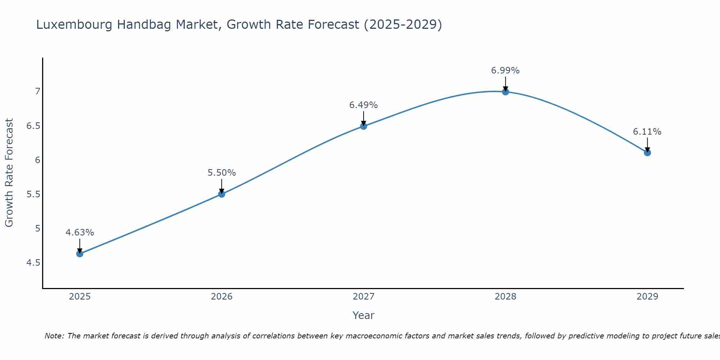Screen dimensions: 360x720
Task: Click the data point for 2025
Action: pyautogui.click(x=80, y=254)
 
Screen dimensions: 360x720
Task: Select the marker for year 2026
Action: pyautogui.click(x=221, y=194)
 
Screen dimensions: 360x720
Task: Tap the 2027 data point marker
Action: pyautogui.click(x=363, y=126)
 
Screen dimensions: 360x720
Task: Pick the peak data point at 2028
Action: pyautogui.click(x=505, y=92)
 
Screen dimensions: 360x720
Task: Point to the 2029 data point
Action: pyautogui.click(x=647, y=153)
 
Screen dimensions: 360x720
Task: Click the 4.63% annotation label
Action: pyautogui.click(x=80, y=233)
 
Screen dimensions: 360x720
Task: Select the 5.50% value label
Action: pyautogui.click(x=221, y=173)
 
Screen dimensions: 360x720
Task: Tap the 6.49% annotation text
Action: pyautogui.click(x=363, y=105)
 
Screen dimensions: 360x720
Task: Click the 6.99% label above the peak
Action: pyautogui.click(x=505, y=71)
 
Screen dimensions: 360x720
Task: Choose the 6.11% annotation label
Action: pyautogui.click(x=647, y=132)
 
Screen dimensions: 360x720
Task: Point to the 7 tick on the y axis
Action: pyautogui.click(x=37, y=91)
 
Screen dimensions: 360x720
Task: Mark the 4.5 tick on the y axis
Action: pyautogui.click(x=33, y=263)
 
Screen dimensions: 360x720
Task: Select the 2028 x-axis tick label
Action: pyautogui.click(x=505, y=297)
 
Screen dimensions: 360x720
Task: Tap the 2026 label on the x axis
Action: pyautogui.click(x=221, y=297)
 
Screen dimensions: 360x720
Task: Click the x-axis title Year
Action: pyautogui.click(x=363, y=315)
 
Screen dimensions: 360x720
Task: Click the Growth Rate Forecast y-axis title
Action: pyautogui.click(x=9, y=173)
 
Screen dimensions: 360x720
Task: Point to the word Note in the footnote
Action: pyautogui.click(x=54, y=336)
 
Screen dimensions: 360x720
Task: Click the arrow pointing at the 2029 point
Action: pyautogui.click(x=647, y=145)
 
